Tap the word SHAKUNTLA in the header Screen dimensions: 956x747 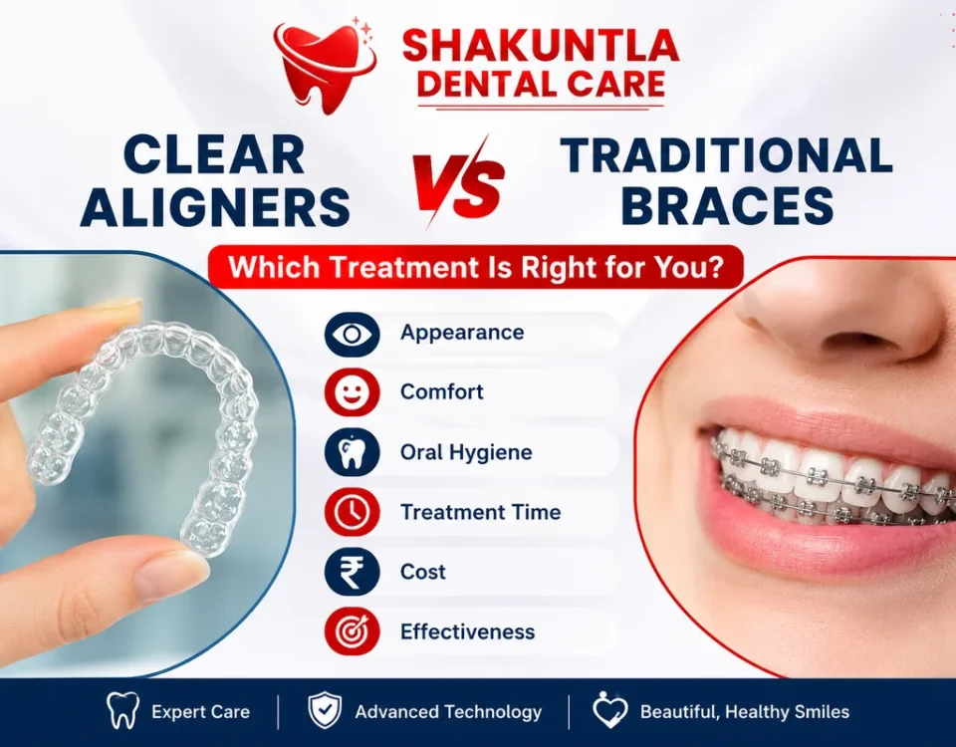click(541, 45)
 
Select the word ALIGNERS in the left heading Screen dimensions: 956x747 click(215, 207)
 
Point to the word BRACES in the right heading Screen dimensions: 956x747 click(727, 205)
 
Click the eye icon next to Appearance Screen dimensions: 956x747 click(352, 334)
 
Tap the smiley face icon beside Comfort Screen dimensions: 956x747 click(352, 392)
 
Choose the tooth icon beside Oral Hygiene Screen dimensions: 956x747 click(352, 452)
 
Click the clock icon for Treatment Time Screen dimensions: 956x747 click(352, 512)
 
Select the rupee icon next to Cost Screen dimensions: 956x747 click(352, 572)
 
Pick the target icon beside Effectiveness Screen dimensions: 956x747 click(352, 631)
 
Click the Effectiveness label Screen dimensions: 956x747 click(468, 631)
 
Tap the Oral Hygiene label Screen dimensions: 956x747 click(466, 452)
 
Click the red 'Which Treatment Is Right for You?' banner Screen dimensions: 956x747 click(476, 267)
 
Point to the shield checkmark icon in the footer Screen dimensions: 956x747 click(325, 710)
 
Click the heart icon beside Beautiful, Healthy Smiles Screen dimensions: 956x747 click(609, 710)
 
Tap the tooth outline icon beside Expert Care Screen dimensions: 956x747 click(122, 710)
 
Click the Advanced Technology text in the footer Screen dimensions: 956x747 click(448, 711)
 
